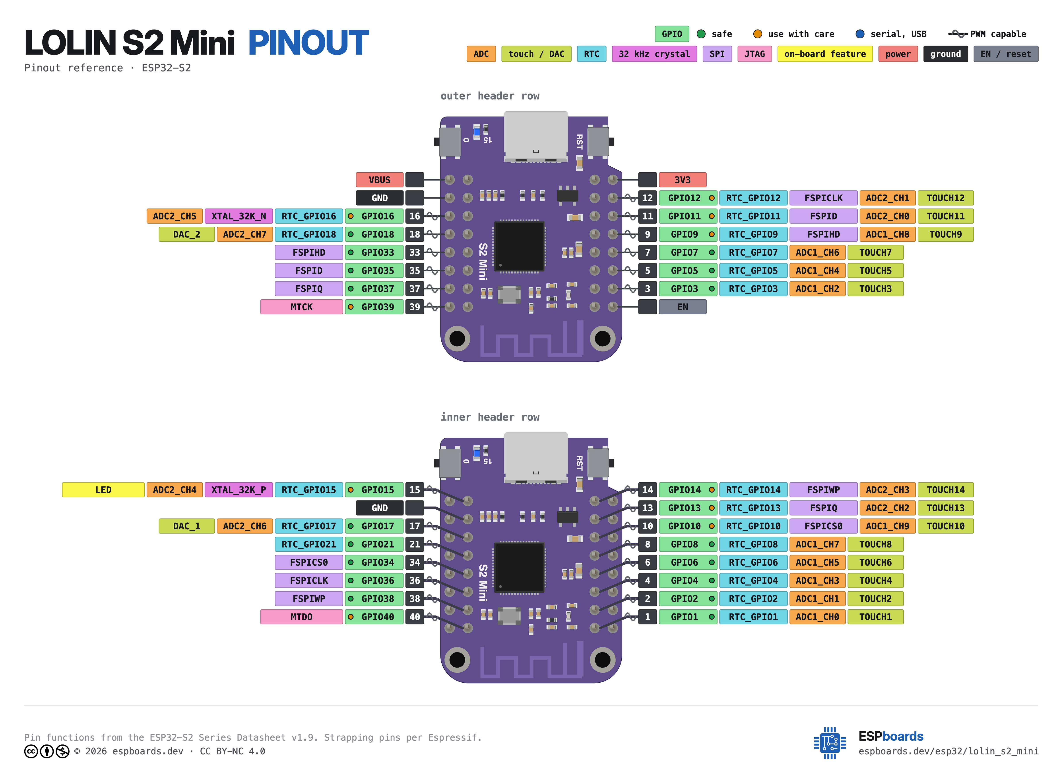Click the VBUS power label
[x=379, y=180]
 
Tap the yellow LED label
[x=103, y=490]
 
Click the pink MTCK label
[x=301, y=307]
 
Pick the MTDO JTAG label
[x=301, y=617]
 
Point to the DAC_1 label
[x=187, y=526]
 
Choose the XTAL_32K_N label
[x=239, y=216]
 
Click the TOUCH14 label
[x=945, y=490]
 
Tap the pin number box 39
[x=414, y=307]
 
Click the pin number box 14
[x=647, y=490]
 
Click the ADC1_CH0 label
[x=817, y=617]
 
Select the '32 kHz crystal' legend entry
[x=654, y=54]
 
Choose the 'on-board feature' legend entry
[x=825, y=54]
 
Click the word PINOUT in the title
[x=308, y=43]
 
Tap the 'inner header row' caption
[x=490, y=417]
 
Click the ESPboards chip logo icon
[x=830, y=743]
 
